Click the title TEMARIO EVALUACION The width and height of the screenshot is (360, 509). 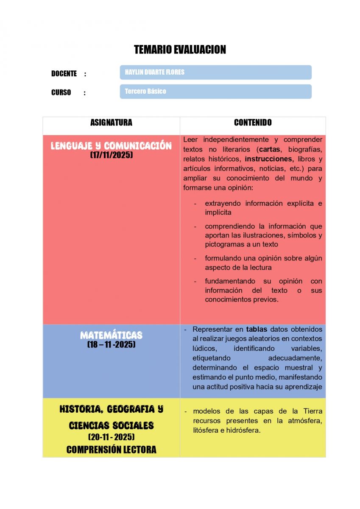tap(180, 50)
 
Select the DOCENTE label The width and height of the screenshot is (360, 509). tap(64, 73)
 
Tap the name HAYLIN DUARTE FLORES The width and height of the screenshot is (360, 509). tap(154, 72)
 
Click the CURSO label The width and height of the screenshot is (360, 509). tap(61, 92)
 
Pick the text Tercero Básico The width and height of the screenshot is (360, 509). tap(145, 91)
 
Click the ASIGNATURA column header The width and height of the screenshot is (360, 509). tap(111, 123)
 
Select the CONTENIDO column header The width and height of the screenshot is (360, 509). tap(253, 123)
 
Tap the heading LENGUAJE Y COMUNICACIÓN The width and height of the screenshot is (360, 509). tap(111, 146)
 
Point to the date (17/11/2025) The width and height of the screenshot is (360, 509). tap(111, 155)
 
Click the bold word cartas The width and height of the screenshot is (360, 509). tap(270, 149)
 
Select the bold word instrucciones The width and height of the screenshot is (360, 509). tap(269, 159)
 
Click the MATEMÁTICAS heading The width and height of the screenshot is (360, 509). tap(111, 335)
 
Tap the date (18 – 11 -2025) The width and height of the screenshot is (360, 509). tap(111, 344)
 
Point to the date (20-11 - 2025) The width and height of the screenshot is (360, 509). tap(111, 437)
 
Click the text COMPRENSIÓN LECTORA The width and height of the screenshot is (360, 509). tap(111, 450)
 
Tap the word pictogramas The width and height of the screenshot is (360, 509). tap(223, 244)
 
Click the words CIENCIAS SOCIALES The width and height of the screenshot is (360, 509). tap(111, 425)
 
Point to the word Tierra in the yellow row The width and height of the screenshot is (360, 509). tap(313, 411)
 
